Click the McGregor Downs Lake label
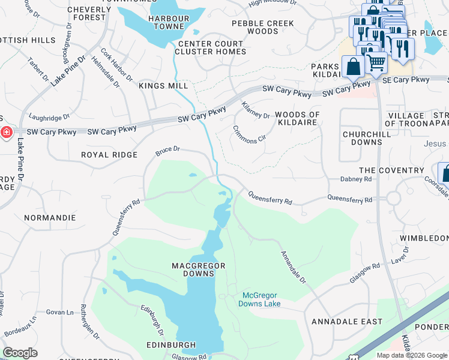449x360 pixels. (x=262, y=299)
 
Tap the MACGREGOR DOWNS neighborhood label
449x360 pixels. (x=193, y=269)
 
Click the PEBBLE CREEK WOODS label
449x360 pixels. (x=263, y=28)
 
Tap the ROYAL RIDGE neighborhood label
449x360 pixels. (x=110, y=155)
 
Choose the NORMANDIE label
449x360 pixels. (x=50, y=218)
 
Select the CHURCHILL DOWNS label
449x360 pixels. (x=362, y=138)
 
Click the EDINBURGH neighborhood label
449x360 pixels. (x=171, y=345)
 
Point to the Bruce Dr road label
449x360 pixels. (x=167, y=151)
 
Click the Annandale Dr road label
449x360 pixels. (x=295, y=268)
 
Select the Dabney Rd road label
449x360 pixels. (x=356, y=179)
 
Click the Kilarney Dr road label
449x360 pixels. (x=256, y=110)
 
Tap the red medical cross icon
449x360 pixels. (x=6, y=132)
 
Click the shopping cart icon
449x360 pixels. (x=376, y=62)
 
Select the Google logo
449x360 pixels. (x=20, y=353)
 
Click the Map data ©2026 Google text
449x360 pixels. (x=411, y=355)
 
